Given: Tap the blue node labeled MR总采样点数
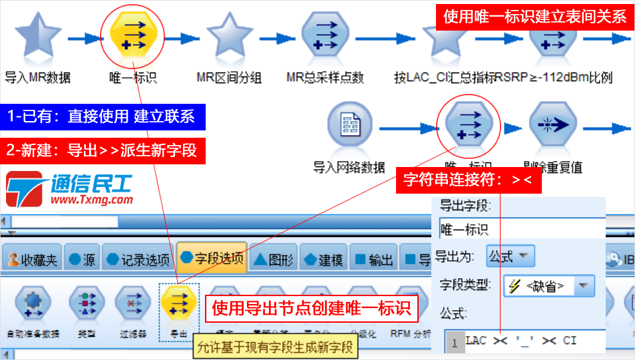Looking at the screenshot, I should click(325, 38).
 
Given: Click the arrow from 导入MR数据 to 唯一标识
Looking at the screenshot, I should click(83, 39).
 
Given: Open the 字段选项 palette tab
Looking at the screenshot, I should click(212, 258).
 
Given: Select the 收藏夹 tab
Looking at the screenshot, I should click(31, 260).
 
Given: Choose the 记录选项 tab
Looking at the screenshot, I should click(138, 260).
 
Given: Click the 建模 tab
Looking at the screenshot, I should click(322, 260).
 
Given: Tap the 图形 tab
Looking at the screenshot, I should click(272, 260).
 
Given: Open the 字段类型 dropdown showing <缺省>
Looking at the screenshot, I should click(548, 286).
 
